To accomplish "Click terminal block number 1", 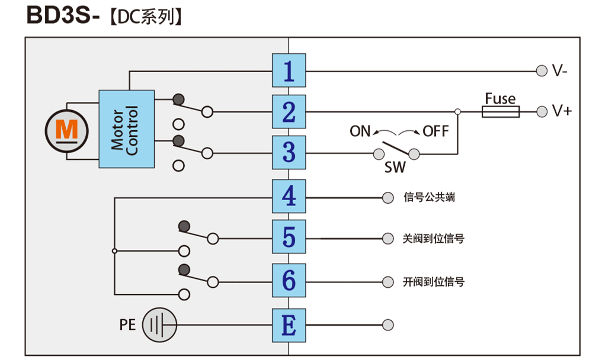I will click(289, 70).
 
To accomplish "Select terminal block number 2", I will click(289, 111).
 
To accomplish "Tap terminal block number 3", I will click(289, 153).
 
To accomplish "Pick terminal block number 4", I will click(289, 197).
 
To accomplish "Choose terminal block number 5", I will click(289, 237).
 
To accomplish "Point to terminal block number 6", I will click(289, 281).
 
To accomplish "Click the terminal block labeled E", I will click(289, 324).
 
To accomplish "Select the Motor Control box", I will click(126, 128).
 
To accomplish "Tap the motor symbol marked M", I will click(66, 128).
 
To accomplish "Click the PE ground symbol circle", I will click(159, 324).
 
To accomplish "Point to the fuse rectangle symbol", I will click(501, 111).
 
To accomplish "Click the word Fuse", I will click(500, 98).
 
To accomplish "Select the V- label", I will click(559, 71).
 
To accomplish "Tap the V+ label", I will click(561, 111).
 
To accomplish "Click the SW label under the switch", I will click(395, 168).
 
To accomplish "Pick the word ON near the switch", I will click(360, 131).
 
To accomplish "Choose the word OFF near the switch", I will click(436, 131).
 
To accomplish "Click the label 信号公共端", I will click(429, 197).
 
